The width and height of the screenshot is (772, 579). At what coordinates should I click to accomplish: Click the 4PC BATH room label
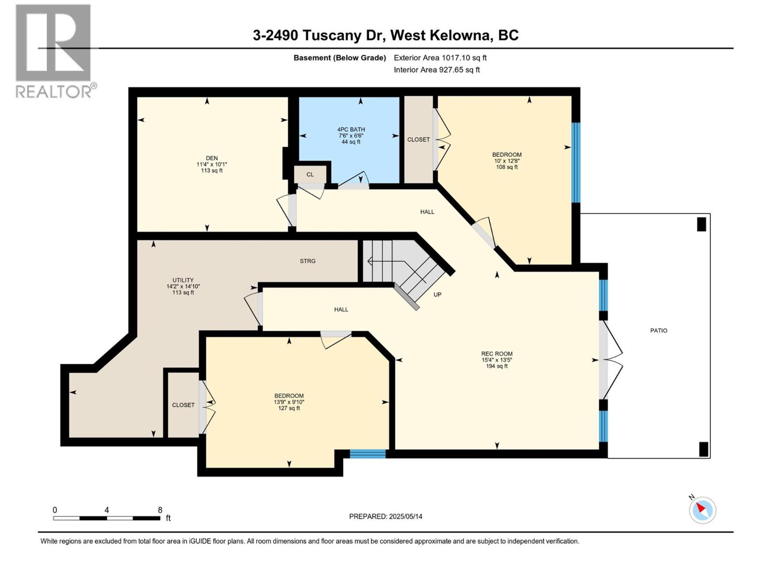click(351, 130)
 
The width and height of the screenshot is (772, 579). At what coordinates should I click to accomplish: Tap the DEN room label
click(212, 158)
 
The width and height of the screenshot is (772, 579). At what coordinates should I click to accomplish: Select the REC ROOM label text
click(496, 354)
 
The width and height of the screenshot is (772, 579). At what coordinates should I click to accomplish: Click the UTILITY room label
click(183, 280)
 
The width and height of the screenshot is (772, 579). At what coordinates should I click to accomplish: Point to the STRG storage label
click(307, 261)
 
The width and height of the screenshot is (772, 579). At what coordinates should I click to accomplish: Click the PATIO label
click(659, 331)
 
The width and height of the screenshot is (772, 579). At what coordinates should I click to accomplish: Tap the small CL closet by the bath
click(310, 175)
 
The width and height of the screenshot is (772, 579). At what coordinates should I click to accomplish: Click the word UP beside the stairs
click(437, 294)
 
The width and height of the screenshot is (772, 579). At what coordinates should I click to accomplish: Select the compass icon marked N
click(702, 510)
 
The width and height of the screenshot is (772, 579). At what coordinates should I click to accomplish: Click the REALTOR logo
click(54, 51)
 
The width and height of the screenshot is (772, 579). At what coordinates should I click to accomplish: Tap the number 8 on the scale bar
click(160, 510)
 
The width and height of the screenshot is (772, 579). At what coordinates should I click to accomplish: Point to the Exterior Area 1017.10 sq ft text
click(440, 57)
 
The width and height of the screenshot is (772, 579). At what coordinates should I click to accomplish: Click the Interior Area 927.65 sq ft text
click(437, 69)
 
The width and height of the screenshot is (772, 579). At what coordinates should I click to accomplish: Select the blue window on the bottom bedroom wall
click(368, 454)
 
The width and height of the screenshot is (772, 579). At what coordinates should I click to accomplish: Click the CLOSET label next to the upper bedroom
click(418, 139)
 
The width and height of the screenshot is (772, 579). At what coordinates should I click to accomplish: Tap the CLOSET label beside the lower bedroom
click(183, 405)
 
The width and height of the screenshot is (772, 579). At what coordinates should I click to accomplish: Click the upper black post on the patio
click(702, 224)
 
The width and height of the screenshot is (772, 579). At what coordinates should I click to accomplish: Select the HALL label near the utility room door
click(341, 309)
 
